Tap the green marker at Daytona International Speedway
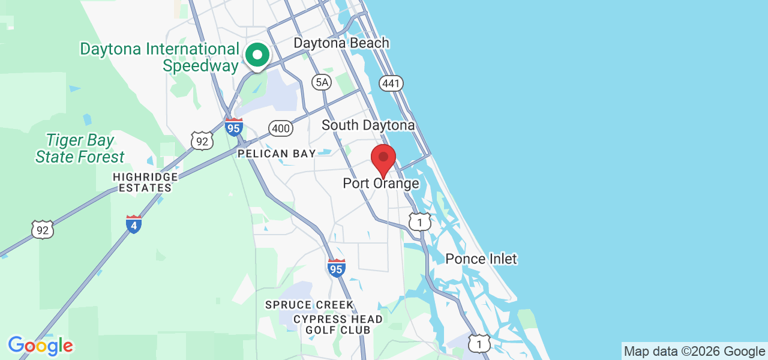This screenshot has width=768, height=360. [257, 56]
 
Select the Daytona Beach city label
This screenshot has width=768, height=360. [341, 43]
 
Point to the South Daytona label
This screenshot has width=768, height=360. [368, 125]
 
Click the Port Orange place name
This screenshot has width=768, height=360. [381, 184]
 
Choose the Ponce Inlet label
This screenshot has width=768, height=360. [481, 259]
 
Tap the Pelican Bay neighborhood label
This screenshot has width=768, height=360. [277, 154]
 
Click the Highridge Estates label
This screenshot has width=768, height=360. [145, 182]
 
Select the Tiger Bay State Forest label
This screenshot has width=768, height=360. [80, 149]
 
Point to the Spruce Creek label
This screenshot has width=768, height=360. [310, 305]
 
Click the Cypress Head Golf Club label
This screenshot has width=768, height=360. [338, 325]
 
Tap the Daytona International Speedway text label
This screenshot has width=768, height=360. [160, 58]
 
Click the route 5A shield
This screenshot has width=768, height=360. [322, 82]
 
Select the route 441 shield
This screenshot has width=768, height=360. [391, 83]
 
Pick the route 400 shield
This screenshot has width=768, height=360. [281, 128]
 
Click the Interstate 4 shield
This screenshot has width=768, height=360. [134, 224]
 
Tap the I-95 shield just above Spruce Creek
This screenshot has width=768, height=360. [337, 269]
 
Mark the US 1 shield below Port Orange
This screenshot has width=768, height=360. [419, 222]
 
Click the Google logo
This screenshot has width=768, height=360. [40, 346]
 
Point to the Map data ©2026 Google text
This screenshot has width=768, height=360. [694, 352]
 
